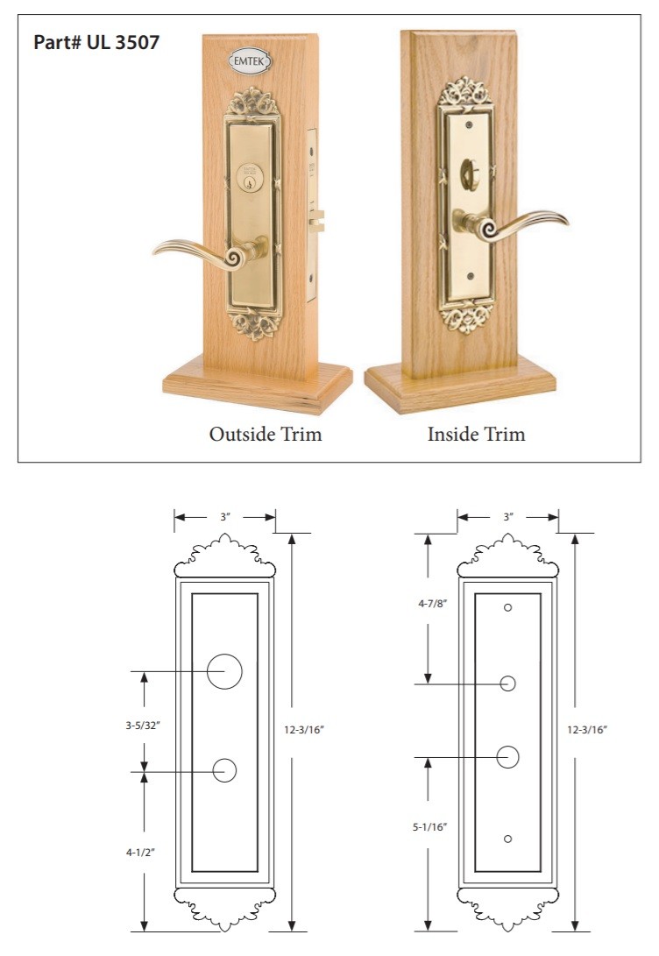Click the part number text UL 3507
coord(124,43)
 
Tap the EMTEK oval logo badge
coord(250,61)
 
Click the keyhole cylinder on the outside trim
coord(250,177)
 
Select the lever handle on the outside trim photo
coord(210,252)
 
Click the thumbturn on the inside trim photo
coord(470,174)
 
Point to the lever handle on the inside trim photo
coord(510,224)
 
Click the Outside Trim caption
coord(266,434)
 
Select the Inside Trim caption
coord(476,434)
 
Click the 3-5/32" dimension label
coord(143,726)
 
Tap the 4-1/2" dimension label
coord(141,853)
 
